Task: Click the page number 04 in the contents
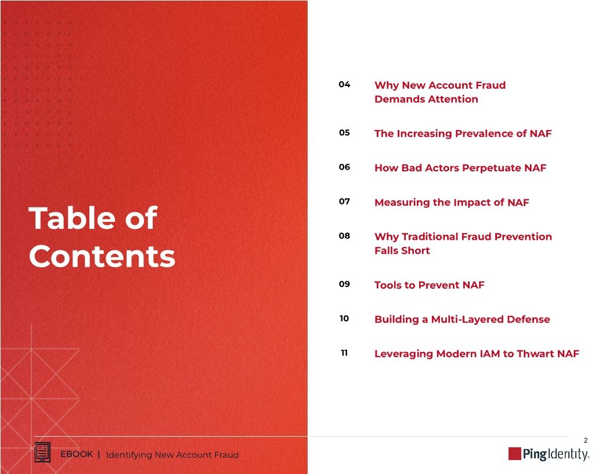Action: click(344, 85)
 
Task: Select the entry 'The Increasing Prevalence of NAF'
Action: click(463, 134)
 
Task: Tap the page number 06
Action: click(344, 167)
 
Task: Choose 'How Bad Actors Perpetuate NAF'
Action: click(460, 168)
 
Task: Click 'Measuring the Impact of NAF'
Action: click(452, 202)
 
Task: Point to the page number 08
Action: click(344, 236)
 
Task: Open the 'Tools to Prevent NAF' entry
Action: click(429, 285)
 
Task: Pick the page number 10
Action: click(344, 319)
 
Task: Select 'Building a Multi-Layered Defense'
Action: click(462, 319)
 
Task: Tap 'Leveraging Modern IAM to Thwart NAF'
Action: click(477, 353)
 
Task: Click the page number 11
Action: click(344, 353)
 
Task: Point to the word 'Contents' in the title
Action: click(102, 256)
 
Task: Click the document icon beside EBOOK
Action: click(42, 453)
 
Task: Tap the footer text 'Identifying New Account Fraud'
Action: click(172, 455)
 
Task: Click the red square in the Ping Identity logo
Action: click(514, 454)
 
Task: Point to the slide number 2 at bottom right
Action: click(586, 441)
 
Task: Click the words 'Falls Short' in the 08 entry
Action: click(402, 250)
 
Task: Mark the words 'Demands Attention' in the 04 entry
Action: click(426, 99)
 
